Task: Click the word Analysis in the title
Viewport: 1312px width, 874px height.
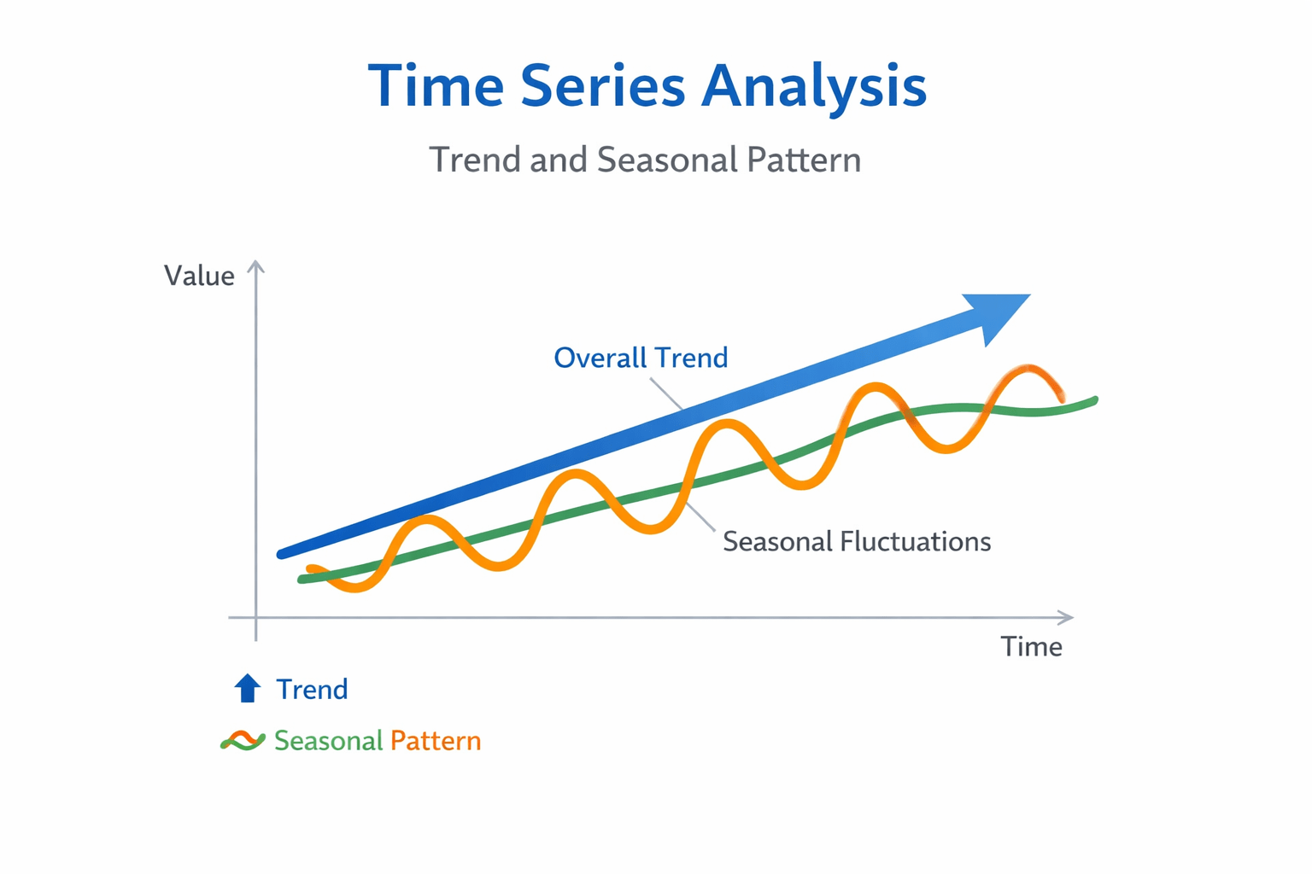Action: click(813, 87)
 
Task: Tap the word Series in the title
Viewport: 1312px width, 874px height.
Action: click(603, 85)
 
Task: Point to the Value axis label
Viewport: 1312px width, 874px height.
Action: click(199, 276)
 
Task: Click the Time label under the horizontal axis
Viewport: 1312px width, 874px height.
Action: click(1032, 647)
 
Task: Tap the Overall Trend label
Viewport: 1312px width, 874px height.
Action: click(641, 357)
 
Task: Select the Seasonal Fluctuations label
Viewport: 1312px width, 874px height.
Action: click(857, 541)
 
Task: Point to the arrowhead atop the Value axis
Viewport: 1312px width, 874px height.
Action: click(256, 266)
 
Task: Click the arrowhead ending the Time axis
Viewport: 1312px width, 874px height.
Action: click(1066, 617)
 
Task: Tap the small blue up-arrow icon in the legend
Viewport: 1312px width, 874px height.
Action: click(247, 688)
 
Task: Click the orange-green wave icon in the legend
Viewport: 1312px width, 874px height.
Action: click(243, 741)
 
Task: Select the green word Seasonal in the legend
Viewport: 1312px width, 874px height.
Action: click(329, 741)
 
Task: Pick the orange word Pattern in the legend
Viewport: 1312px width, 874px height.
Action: click(436, 741)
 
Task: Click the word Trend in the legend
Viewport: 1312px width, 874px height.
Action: click(312, 689)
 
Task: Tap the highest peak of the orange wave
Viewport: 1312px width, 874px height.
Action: click(1028, 369)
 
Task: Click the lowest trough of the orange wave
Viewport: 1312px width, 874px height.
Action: click(355, 587)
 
